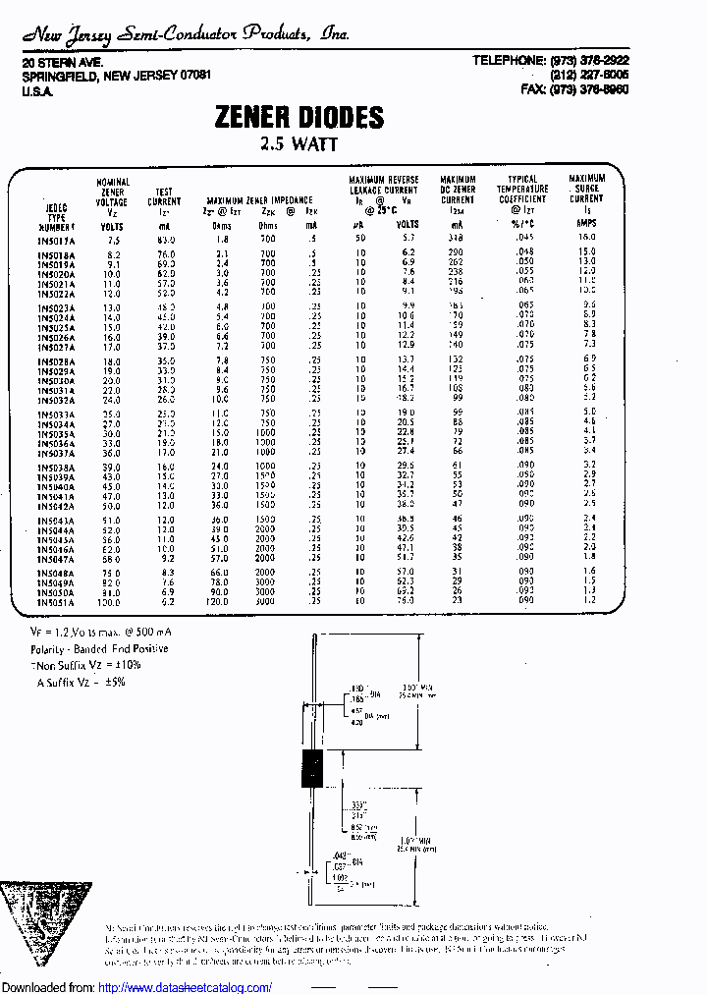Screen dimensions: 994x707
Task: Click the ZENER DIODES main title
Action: (299, 118)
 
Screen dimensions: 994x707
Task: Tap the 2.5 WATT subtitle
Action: (299, 143)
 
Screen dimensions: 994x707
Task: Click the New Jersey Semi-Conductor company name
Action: (185, 35)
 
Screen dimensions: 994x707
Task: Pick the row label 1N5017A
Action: (59, 239)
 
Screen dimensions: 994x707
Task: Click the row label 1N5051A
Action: (59, 601)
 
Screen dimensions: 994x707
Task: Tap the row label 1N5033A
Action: (59, 414)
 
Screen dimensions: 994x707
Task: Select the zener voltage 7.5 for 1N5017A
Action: (114, 239)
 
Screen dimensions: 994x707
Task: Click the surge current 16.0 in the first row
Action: (586, 238)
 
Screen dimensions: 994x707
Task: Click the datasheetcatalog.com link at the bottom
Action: (186, 987)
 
